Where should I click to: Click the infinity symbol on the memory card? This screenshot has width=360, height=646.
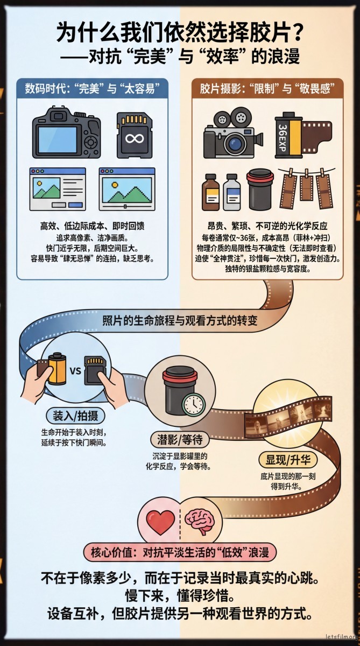(135, 139)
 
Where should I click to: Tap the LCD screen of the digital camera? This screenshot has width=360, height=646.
(58, 139)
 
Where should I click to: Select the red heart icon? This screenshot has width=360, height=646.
(160, 522)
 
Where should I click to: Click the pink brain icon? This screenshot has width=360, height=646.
(200, 522)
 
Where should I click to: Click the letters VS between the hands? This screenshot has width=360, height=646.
(75, 370)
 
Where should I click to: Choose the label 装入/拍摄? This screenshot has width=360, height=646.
(75, 416)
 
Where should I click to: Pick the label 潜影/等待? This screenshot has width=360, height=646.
(180, 440)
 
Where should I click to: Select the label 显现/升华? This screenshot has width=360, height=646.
(287, 460)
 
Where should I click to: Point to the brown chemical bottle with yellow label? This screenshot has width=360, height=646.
(210, 192)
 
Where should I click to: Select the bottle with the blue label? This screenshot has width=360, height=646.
(232, 192)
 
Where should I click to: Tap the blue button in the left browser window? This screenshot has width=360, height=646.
(75, 205)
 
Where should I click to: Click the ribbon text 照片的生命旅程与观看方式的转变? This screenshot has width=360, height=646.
(180, 321)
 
